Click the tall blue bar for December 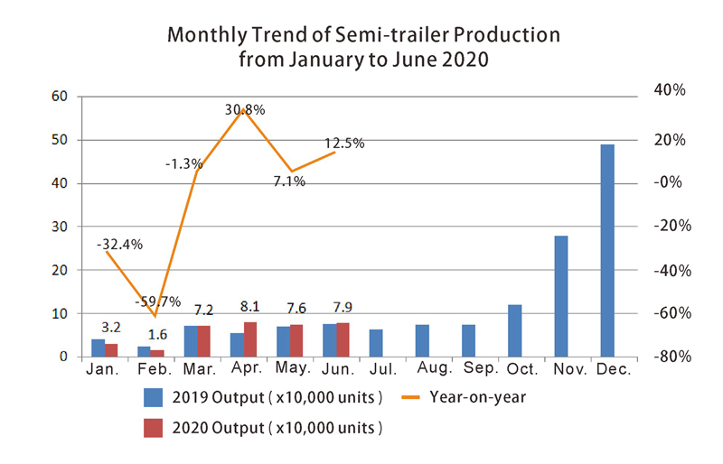[x=607, y=250]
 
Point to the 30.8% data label [x=245, y=110]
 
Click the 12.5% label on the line [x=344, y=144]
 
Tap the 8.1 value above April [x=250, y=307]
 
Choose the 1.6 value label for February [x=157, y=334]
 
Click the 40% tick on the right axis [x=668, y=91]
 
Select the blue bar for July [x=376, y=343]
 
